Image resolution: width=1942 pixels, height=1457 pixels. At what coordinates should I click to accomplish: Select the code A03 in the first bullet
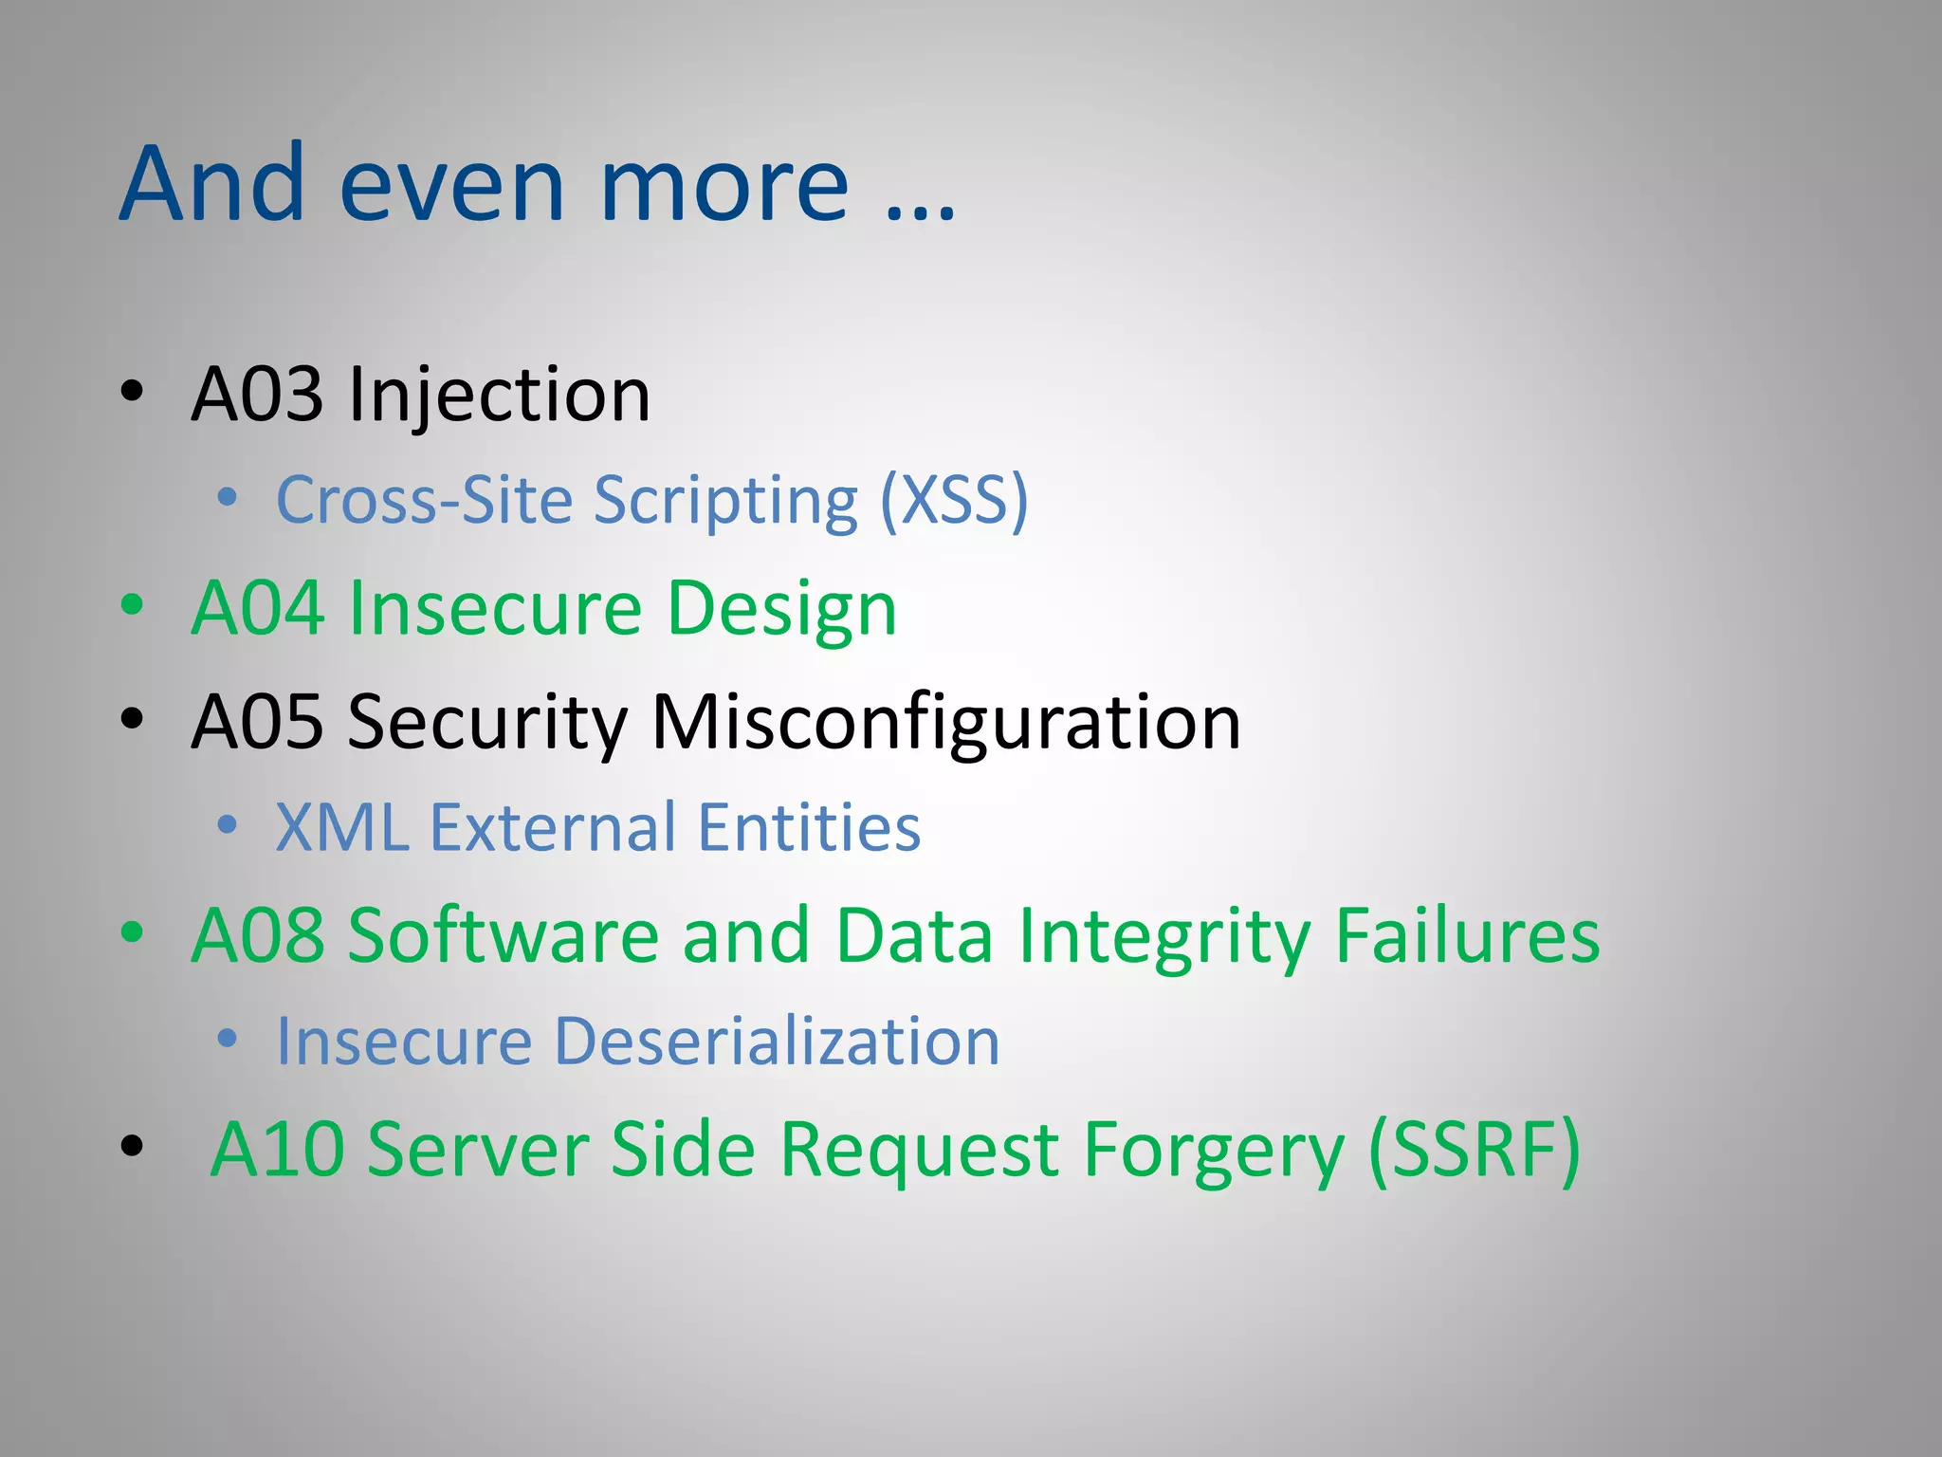[x=256, y=395]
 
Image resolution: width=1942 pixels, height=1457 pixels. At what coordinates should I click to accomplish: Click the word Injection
[x=500, y=395]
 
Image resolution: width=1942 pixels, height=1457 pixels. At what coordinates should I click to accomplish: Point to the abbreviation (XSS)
[x=954, y=500]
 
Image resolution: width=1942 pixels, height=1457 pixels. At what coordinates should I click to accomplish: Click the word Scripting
[x=725, y=500]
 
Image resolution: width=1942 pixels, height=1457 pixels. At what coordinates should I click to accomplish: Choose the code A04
[x=256, y=608]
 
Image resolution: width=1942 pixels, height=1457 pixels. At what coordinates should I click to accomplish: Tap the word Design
[x=781, y=608]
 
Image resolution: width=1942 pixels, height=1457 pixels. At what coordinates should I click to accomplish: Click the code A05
[x=256, y=722]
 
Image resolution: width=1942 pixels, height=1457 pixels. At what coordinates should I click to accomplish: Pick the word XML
[x=342, y=827]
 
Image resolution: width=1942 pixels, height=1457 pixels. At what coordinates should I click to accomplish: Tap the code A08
[x=256, y=935]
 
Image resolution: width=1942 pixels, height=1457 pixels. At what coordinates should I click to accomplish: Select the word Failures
[x=1467, y=935]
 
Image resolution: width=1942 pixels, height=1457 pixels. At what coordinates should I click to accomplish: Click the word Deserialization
[x=777, y=1042]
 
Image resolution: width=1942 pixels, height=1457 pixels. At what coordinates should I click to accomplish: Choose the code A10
[x=277, y=1150]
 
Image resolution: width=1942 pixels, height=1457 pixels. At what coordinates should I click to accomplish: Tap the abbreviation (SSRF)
[x=1475, y=1150]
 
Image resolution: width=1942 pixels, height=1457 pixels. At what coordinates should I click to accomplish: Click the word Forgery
[x=1214, y=1150]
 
